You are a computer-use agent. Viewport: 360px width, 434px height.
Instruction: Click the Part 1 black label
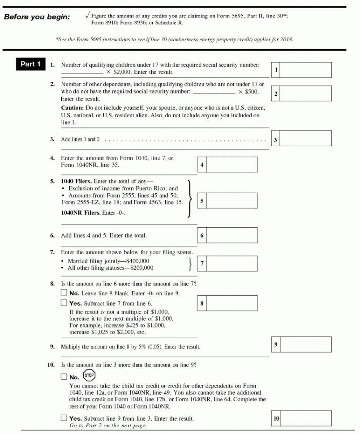coord(30,64)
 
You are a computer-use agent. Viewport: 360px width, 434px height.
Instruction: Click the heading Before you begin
coord(37,17)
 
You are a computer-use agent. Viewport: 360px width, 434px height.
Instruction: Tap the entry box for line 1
coord(305,70)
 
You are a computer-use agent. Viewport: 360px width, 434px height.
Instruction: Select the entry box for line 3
coord(305,138)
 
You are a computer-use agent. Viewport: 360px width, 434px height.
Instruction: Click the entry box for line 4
coord(231,164)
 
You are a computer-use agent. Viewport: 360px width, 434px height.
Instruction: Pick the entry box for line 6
coord(231,235)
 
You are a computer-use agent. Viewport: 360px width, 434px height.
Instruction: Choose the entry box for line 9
coord(305,345)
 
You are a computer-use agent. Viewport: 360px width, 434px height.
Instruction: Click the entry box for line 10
coord(305,418)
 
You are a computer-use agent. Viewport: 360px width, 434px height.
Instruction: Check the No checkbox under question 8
coord(64,293)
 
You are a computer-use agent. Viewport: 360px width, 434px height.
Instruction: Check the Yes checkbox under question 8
coord(64,303)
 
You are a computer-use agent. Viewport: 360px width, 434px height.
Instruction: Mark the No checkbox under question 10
coord(64,377)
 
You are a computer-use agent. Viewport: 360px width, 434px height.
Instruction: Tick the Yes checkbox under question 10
coord(64,418)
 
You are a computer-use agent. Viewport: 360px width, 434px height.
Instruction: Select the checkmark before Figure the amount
coord(87,16)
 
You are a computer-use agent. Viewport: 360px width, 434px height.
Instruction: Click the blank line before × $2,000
coord(82,72)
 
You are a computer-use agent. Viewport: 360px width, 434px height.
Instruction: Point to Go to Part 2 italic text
coord(107,425)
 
